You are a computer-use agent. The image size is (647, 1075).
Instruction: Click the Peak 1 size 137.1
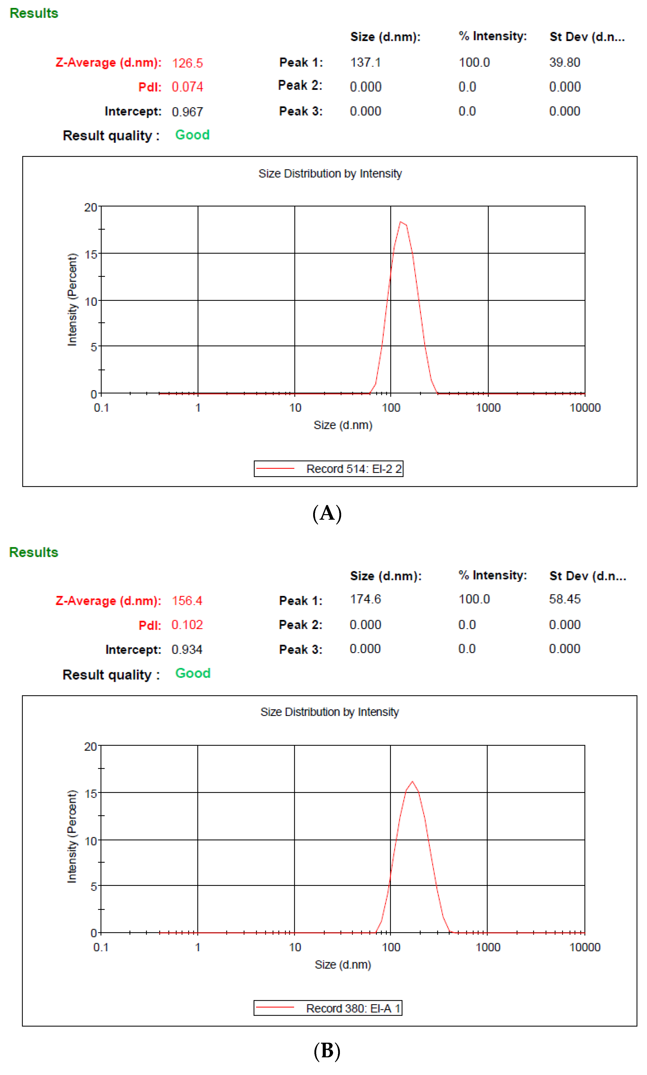click(x=365, y=62)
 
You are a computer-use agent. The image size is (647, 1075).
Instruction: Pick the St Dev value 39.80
click(x=564, y=62)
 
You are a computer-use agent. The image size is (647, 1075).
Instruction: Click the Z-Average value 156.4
click(x=187, y=601)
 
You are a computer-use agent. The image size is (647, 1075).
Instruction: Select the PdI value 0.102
click(x=187, y=625)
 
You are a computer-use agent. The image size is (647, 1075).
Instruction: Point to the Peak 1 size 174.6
click(x=365, y=599)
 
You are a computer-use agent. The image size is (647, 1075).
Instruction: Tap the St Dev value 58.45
click(x=564, y=599)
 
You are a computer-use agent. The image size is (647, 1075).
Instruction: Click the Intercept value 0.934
click(x=187, y=650)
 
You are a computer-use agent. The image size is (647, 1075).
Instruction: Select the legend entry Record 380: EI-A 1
click(x=353, y=1008)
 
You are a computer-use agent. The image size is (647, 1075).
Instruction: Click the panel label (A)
click(x=327, y=513)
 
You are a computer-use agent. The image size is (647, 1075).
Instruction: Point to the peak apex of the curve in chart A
click(x=401, y=222)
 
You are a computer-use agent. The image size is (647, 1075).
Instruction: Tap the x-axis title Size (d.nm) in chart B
click(x=343, y=965)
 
